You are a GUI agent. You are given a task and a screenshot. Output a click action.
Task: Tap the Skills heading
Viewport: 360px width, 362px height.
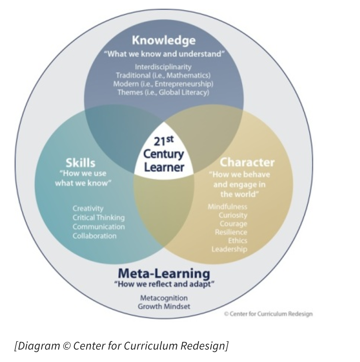[x=80, y=162]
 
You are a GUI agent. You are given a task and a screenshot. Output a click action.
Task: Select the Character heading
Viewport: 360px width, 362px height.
[x=247, y=162]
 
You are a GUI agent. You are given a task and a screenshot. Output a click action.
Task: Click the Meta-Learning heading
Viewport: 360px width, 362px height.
[x=164, y=273]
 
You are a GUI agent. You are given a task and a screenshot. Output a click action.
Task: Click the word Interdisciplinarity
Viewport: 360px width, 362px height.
[x=163, y=67]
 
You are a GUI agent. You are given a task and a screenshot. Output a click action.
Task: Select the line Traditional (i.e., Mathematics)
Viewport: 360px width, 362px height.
[x=163, y=75]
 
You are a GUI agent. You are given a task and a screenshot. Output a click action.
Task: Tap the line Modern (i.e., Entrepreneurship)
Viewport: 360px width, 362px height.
[x=163, y=84]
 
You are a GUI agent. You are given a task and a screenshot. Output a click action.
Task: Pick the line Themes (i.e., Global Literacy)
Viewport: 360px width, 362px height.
[x=163, y=92]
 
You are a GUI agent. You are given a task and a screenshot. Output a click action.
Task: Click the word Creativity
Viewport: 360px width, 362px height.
[x=88, y=208]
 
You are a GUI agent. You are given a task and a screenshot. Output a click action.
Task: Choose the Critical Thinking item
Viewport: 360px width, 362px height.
[x=98, y=218]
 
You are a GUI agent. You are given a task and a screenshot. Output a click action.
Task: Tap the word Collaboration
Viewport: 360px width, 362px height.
[x=94, y=236]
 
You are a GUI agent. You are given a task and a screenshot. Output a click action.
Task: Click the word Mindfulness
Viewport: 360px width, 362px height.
[x=227, y=207]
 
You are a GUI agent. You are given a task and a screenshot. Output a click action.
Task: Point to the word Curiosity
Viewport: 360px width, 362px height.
[x=233, y=215]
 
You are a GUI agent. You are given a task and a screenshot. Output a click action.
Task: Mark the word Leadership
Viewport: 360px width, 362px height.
[x=229, y=250]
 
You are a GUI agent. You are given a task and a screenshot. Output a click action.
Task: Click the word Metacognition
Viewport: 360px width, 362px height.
[x=164, y=298]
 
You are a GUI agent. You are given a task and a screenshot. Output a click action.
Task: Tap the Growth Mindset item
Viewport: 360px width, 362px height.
[x=164, y=306]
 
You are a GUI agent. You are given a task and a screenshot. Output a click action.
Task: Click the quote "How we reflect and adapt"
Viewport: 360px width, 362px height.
[x=164, y=284]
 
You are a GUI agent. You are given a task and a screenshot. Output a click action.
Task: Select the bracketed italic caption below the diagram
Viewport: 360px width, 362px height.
[x=121, y=346]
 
